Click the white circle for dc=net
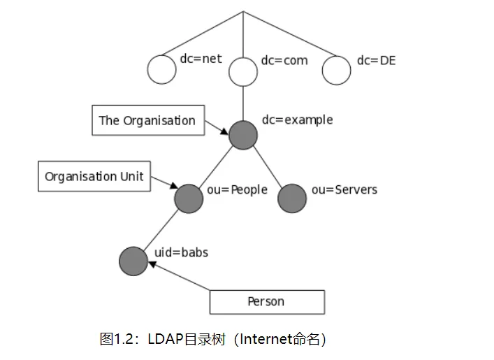click(x=162, y=70)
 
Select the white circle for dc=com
click(x=243, y=71)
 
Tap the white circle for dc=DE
click(x=336, y=70)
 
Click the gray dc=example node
click(x=243, y=135)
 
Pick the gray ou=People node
click(x=189, y=199)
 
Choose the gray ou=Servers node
click(x=292, y=199)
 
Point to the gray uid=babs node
click(x=133, y=261)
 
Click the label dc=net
click(x=201, y=59)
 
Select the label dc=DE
click(x=376, y=60)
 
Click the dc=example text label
click(x=297, y=120)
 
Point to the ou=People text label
click(x=238, y=189)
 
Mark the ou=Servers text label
click(x=344, y=189)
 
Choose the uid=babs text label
click(x=181, y=252)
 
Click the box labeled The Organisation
click(x=147, y=120)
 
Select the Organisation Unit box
click(x=94, y=176)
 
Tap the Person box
click(x=267, y=302)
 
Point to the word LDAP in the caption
click(x=166, y=340)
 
